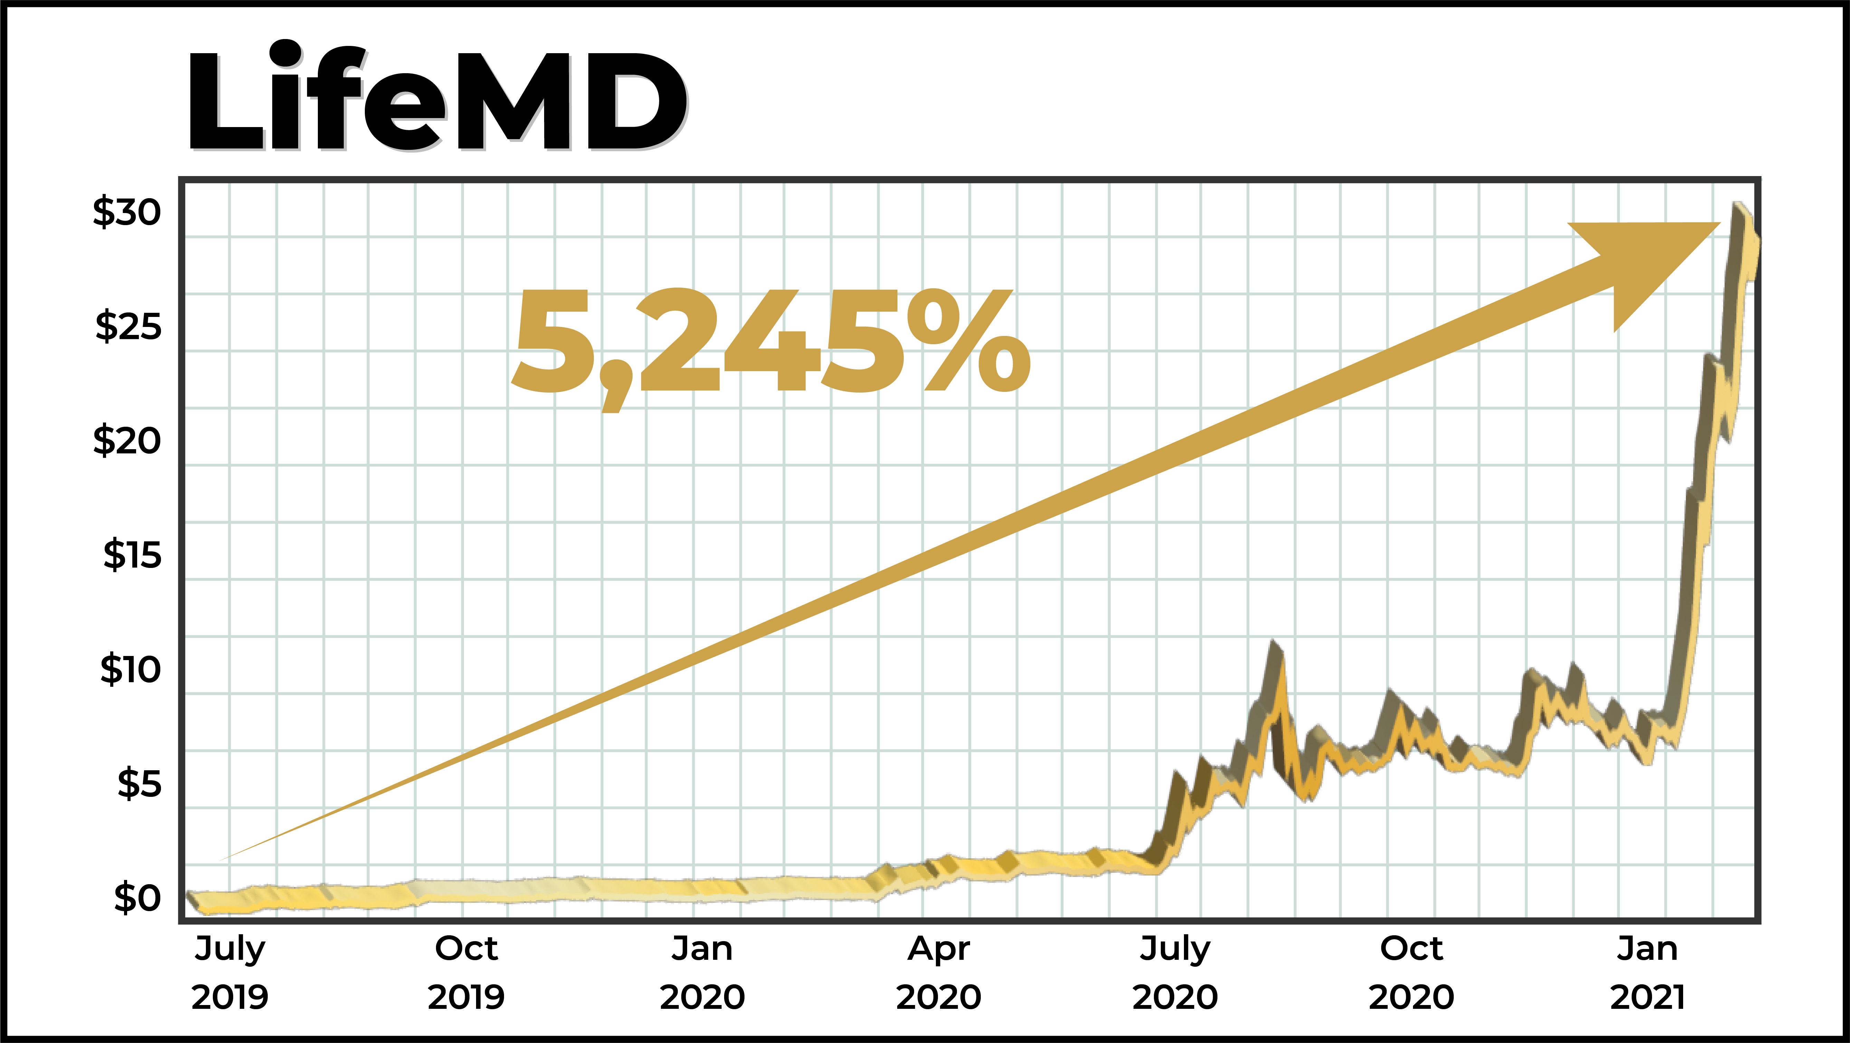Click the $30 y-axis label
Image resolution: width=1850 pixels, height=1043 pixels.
click(127, 212)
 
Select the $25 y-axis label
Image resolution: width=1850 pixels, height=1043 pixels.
click(129, 327)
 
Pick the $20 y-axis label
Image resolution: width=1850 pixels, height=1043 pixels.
click(127, 441)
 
